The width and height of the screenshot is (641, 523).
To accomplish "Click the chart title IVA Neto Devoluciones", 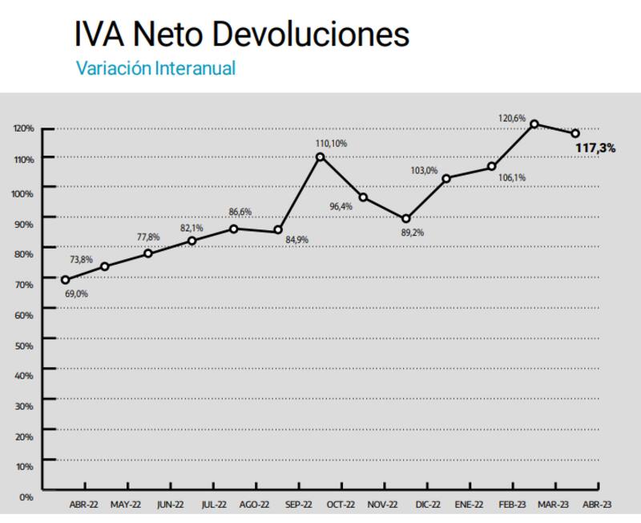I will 241,34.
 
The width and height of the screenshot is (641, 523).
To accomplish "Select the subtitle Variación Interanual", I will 155,69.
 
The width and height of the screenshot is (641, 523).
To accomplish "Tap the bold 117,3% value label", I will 595,148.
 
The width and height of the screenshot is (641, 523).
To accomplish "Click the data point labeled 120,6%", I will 534,124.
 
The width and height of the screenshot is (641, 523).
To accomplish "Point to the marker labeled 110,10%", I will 320,157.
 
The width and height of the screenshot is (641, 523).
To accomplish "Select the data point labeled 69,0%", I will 65,280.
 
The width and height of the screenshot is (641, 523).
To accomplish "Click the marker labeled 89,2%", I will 406,219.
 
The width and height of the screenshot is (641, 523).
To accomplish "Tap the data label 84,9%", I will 297,240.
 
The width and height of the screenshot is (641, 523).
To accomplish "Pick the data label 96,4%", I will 341,206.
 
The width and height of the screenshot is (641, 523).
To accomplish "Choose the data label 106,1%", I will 511,177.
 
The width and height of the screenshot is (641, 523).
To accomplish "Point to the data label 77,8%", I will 147,237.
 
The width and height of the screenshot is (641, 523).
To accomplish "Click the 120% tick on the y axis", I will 23,128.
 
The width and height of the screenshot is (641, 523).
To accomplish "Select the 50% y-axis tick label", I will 25,346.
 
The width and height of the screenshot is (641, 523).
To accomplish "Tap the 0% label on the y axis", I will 26,497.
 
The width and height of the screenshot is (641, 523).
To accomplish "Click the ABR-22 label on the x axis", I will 83,505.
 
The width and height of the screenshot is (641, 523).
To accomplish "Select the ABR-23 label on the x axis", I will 596,505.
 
